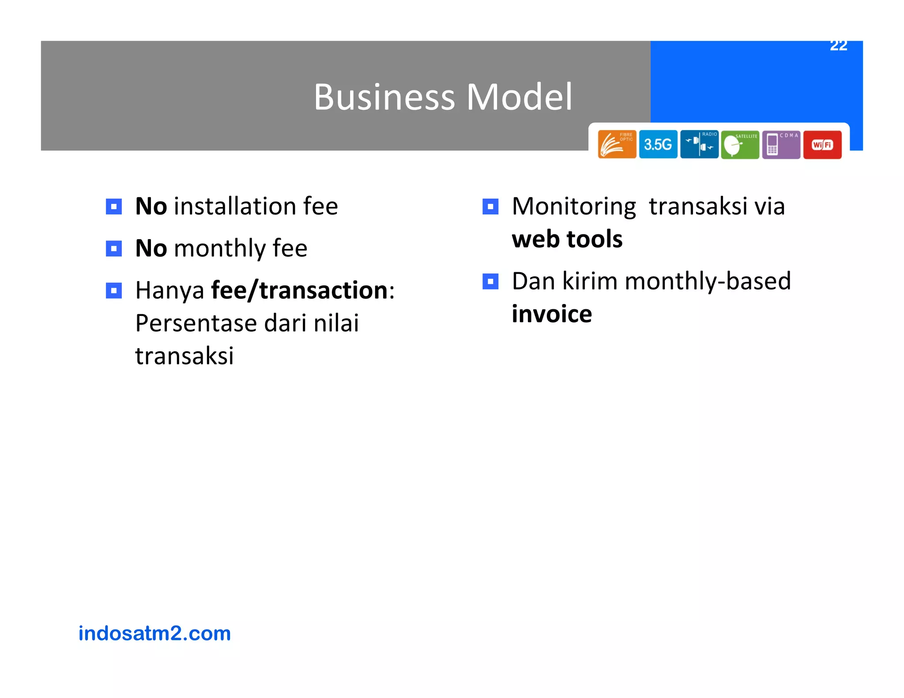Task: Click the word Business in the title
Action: coord(384,97)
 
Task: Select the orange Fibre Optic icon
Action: coord(617,144)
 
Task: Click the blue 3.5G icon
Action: coord(658,144)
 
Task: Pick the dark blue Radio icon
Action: coord(699,144)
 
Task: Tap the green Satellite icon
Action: coord(740,144)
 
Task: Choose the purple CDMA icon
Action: coord(781,144)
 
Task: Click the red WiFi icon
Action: coord(822,144)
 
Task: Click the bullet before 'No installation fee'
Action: coord(114,206)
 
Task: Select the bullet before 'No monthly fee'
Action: coord(114,248)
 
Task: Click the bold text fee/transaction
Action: coord(299,291)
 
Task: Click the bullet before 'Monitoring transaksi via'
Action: coord(490,206)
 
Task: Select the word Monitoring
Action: coord(574,206)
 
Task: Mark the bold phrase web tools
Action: coord(567,240)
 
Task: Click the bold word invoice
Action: coord(551,314)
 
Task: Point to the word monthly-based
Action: coord(708,281)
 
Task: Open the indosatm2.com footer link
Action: coord(154,634)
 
